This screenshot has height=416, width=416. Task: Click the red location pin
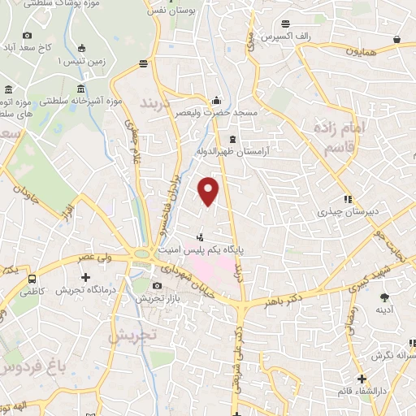[209, 191]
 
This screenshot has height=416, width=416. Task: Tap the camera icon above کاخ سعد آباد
[28, 35]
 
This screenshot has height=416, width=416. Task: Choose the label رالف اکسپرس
[285, 37]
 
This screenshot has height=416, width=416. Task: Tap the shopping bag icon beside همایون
[396, 38]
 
